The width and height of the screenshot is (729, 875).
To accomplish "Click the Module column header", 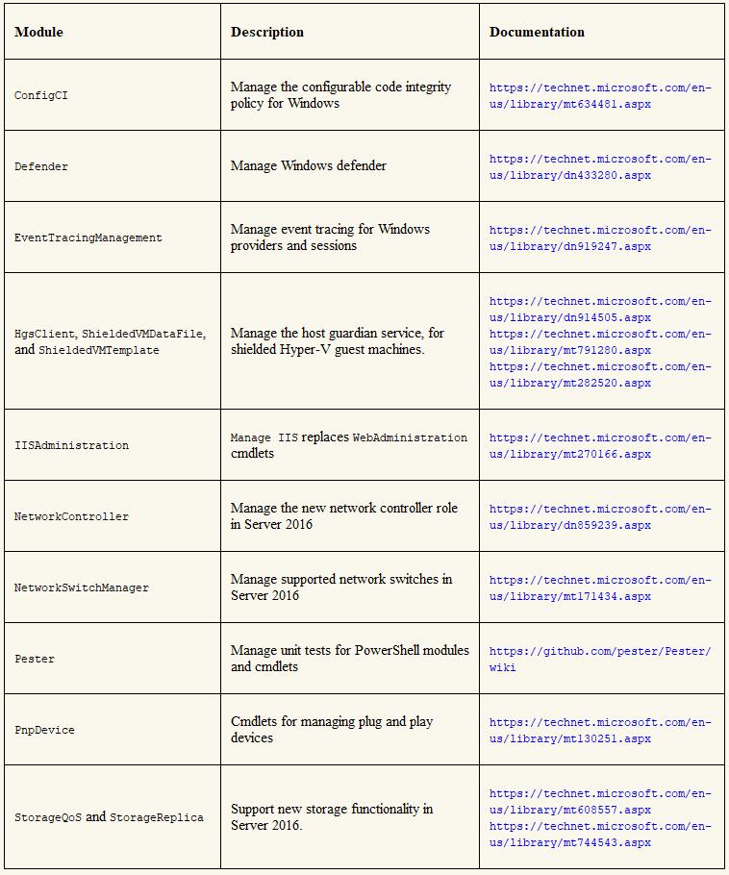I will [38, 32].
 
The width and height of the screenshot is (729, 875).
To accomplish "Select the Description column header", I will [266, 32].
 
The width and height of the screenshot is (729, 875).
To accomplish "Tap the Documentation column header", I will [537, 32].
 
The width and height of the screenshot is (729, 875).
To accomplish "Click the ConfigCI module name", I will [41, 95].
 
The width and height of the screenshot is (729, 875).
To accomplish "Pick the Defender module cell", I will [41, 166].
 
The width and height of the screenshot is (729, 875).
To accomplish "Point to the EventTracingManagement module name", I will [88, 237].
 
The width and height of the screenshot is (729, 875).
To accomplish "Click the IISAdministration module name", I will [71, 445].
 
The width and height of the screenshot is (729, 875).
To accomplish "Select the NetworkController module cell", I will [71, 516].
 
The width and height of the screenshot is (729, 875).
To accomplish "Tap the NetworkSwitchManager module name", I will [82, 587].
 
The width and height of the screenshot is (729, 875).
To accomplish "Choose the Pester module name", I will [35, 659].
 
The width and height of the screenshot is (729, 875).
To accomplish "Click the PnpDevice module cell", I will [44, 730].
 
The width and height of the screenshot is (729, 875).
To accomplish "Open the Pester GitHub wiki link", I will [600, 659].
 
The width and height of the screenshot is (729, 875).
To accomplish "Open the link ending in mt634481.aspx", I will [600, 95].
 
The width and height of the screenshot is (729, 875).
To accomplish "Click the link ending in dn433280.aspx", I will [600, 166].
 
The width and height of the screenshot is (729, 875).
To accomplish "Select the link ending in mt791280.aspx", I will [600, 342].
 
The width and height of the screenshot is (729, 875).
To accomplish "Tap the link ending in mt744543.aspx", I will [600, 835].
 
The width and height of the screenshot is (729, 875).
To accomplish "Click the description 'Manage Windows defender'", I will [308, 165].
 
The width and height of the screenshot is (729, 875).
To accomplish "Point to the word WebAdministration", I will [410, 437].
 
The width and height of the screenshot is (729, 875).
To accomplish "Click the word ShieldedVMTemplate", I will [99, 350].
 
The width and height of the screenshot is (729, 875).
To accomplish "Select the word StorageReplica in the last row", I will [156, 817].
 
